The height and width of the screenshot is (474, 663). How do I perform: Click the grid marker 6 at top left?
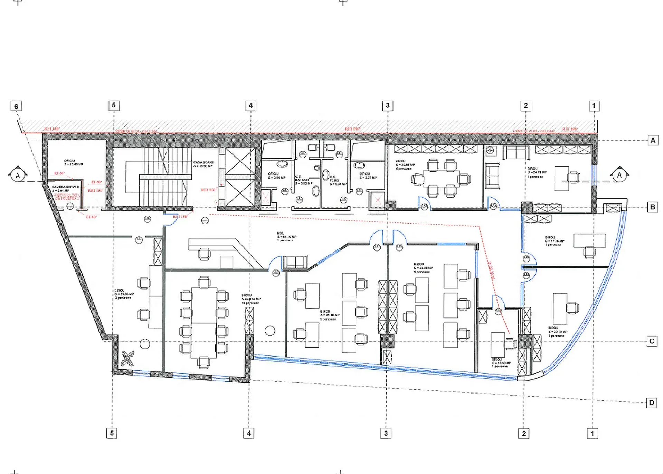(16, 106)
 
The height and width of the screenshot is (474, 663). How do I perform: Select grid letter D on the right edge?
(651, 402)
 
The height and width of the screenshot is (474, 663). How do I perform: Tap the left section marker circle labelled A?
(18, 176)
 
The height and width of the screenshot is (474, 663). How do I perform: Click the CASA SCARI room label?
(203, 164)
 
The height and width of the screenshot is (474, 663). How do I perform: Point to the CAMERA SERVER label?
(65, 188)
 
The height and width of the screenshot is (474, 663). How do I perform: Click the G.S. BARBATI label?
(303, 180)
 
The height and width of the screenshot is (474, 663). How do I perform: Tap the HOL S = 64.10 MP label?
(286, 237)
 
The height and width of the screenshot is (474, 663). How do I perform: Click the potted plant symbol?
(128, 358)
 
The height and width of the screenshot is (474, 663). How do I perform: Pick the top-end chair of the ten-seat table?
(204, 282)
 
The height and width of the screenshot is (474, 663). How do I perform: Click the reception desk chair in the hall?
(204, 254)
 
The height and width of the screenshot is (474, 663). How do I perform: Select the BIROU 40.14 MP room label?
(251, 299)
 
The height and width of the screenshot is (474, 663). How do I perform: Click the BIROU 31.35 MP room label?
(124, 294)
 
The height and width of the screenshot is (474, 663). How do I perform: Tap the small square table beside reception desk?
(226, 262)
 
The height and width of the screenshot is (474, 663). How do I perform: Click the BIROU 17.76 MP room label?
(554, 241)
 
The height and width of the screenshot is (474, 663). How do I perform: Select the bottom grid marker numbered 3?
(386, 433)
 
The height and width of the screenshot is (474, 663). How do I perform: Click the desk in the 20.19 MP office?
(560, 309)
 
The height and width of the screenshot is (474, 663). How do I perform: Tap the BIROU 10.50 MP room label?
(501, 363)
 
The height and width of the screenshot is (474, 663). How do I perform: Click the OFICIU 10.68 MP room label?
(73, 163)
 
